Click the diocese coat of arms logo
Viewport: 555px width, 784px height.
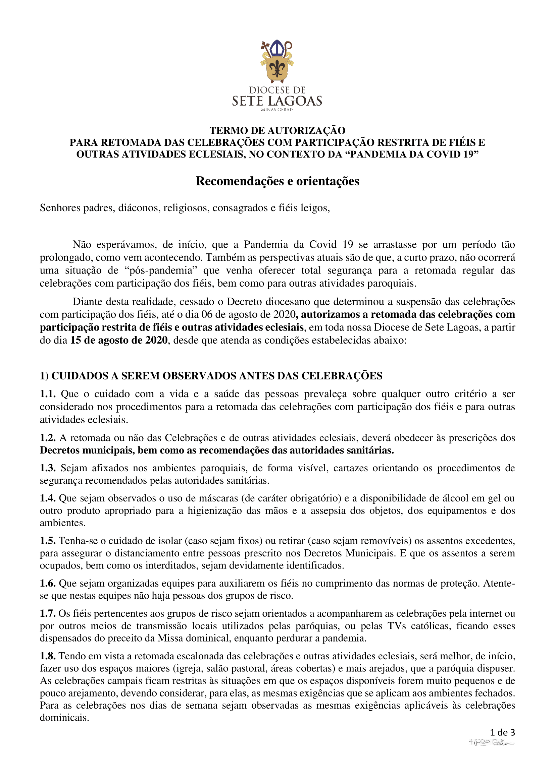(x=277, y=61)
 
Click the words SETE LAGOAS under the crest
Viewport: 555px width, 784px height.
(x=277, y=101)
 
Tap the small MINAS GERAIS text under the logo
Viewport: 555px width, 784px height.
(x=277, y=110)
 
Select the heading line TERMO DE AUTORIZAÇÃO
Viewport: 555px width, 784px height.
(x=277, y=130)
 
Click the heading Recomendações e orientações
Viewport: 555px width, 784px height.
(x=277, y=181)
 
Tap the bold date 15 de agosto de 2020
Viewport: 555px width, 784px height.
(x=119, y=340)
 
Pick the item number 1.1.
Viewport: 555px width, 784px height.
(x=48, y=394)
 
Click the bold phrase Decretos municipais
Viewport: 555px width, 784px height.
(x=87, y=450)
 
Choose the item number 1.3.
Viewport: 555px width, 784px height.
(x=48, y=468)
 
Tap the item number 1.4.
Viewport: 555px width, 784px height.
(x=48, y=498)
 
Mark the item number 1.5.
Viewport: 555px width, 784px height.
(x=48, y=541)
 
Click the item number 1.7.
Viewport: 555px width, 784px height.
(x=48, y=614)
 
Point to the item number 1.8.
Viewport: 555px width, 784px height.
(x=48, y=656)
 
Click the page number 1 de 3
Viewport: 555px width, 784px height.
(x=502, y=732)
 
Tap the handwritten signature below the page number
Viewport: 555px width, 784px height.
(x=492, y=743)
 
